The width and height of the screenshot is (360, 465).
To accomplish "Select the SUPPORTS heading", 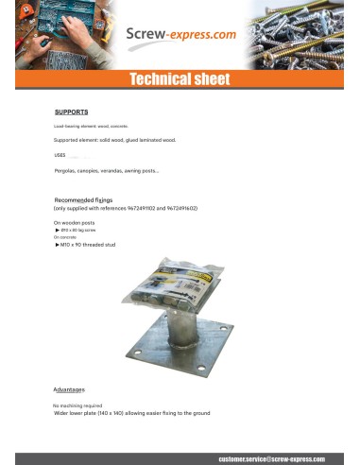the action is (x=71, y=111).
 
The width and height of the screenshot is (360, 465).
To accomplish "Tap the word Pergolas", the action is (x=67, y=170).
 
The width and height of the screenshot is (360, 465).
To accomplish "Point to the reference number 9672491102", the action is (x=138, y=208).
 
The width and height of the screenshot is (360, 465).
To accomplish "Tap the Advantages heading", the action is (x=68, y=389).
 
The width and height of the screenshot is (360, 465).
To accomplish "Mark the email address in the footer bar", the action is (x=270, y=457).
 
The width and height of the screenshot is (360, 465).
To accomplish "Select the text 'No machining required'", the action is (x=77, y=405).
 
